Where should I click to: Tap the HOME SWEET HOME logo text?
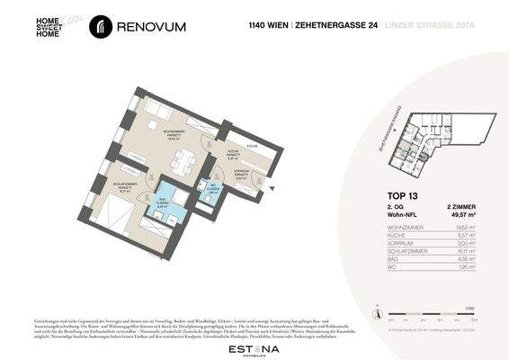coord(48,27)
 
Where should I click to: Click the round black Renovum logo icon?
coord(102,27)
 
